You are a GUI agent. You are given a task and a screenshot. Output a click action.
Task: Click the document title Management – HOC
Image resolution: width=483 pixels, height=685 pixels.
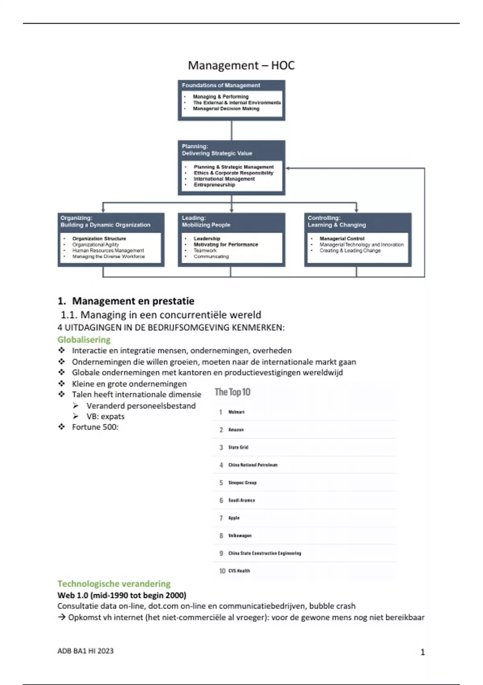[x=241, y=65]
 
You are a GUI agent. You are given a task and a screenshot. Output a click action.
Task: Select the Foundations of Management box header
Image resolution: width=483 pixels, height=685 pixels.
[x=221, y=85]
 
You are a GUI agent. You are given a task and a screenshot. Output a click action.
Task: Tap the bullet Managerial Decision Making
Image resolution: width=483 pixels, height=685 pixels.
[x=226, y=109]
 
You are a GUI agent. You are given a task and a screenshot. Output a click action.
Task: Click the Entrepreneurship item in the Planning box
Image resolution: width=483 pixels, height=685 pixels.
[x=214, y=185]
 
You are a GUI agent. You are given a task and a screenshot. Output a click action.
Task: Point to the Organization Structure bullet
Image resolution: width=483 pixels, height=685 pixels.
[x=99, y=239]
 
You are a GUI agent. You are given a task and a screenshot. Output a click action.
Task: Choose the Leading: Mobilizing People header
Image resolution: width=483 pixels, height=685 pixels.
[x=206, y=222]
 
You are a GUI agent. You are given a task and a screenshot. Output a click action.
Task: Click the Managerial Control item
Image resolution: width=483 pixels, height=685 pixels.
[x=342, y=239]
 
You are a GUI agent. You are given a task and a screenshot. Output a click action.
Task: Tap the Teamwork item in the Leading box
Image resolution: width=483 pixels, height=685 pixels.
[x=205, y=251]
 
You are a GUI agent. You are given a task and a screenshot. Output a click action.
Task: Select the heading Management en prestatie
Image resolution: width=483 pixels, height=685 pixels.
[x=133, y=301]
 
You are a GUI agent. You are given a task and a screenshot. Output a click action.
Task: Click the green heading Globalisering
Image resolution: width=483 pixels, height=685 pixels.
[x=84, y=340]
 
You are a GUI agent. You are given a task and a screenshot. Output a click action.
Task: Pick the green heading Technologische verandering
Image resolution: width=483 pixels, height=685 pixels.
[x=114, y=584]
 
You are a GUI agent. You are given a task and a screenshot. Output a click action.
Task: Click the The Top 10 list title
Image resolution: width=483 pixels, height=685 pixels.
[x=232, y=392]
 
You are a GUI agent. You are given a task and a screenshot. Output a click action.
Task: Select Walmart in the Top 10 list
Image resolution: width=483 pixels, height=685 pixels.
[x=236, y=412]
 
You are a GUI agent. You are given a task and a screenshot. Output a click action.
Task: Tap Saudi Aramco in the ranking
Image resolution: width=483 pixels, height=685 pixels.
[x=242, y=500]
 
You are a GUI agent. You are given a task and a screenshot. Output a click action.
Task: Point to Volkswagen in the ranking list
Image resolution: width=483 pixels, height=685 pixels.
[x=240, y=536]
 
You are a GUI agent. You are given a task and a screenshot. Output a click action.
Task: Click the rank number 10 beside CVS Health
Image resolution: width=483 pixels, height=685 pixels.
[x=222, y=571]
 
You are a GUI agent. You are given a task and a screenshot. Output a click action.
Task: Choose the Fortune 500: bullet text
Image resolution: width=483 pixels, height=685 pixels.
[x=95, y=427]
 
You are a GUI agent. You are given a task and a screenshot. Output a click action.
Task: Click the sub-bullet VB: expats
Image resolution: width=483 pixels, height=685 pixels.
[x=105, y=417]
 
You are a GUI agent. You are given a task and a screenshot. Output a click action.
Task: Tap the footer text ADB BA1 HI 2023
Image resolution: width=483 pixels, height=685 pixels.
[x=85, y=651]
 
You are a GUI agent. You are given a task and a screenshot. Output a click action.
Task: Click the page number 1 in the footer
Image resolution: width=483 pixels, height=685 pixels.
[x=422, y=652]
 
